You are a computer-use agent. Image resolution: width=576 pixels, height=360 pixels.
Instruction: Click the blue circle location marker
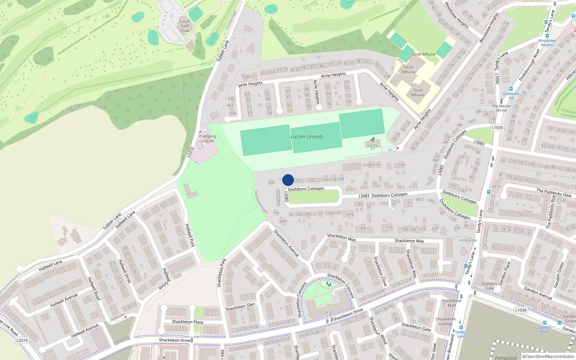[288, 180]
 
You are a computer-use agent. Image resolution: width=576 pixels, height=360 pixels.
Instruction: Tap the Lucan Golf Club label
[185, 26]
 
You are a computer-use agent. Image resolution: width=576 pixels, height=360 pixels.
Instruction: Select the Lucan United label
[306, 137]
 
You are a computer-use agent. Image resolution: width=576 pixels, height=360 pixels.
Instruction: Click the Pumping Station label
[207, 139]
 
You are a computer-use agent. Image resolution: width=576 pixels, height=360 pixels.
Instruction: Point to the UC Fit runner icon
[373, 139]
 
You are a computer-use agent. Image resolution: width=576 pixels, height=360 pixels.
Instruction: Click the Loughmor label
[371, 165]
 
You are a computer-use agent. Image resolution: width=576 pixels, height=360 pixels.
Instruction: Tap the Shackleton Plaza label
[187, 322]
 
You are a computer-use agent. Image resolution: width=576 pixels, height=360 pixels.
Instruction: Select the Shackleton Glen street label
[240, 307]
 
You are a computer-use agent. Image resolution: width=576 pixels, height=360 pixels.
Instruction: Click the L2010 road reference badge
[22, 340]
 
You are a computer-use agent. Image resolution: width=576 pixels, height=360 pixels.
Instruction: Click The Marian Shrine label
[501, 108]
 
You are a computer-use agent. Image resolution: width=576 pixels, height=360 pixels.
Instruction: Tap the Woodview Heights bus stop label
[547, 42]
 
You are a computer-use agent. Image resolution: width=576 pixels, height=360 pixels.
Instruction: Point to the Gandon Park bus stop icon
[544, 323]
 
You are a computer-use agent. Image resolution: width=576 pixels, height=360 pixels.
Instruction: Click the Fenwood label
[506, 357]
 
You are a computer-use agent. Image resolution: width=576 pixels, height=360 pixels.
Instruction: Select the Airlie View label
[468, 240]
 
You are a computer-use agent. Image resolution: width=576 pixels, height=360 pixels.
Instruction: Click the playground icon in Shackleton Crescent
[328, 284]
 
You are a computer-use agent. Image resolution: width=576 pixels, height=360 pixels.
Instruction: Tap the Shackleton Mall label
[451, 303]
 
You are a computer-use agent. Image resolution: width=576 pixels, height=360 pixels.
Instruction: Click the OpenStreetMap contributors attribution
[548, 357]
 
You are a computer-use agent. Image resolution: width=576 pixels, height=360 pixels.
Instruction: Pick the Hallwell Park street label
[190, 235]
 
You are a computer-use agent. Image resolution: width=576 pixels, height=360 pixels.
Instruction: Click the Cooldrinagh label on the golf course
[72, 108]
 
